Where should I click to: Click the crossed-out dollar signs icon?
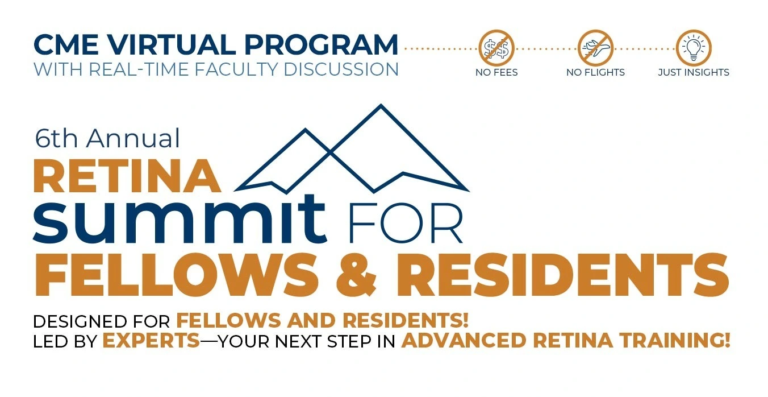[x=496, y=48]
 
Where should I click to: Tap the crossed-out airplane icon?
[x=595, y=48]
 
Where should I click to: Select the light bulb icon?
[x=694, y=48]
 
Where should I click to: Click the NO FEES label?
[x=496, y=72]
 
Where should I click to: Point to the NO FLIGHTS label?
[x=595, y=72]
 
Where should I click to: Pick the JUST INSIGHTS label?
[x=694, y=72]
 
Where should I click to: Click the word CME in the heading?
[x=66, y=44]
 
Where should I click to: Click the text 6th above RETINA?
[x=56, y=138]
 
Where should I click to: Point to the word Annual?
[x=133, y=138]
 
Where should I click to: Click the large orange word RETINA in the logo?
[x=127, y=176]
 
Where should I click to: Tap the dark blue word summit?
[x=180, y=220]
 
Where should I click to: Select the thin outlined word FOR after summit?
[x=406, y=223]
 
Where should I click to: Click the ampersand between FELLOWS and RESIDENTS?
[x=357, y=274]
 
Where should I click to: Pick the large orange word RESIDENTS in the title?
[x=562, y=274]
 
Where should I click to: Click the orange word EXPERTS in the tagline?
[x=151, y=341]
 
